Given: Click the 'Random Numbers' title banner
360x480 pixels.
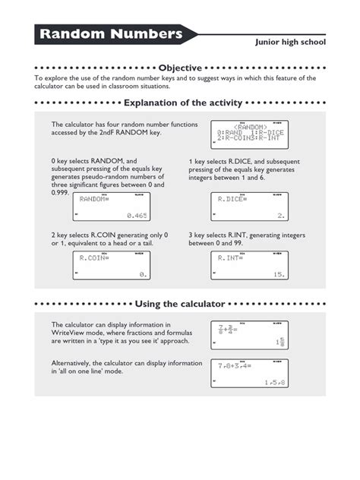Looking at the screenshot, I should point(112,34).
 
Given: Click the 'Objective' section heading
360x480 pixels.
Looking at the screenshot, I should point(180,68).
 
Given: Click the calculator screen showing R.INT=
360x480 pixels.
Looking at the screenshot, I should point(248,266).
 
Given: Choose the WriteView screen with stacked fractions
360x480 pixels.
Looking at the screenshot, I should point(248,336).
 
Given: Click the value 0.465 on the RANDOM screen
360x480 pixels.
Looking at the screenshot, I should point(136,216).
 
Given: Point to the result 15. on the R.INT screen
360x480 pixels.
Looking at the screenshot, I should point(278,275).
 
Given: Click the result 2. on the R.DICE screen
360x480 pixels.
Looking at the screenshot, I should point(280,216).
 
